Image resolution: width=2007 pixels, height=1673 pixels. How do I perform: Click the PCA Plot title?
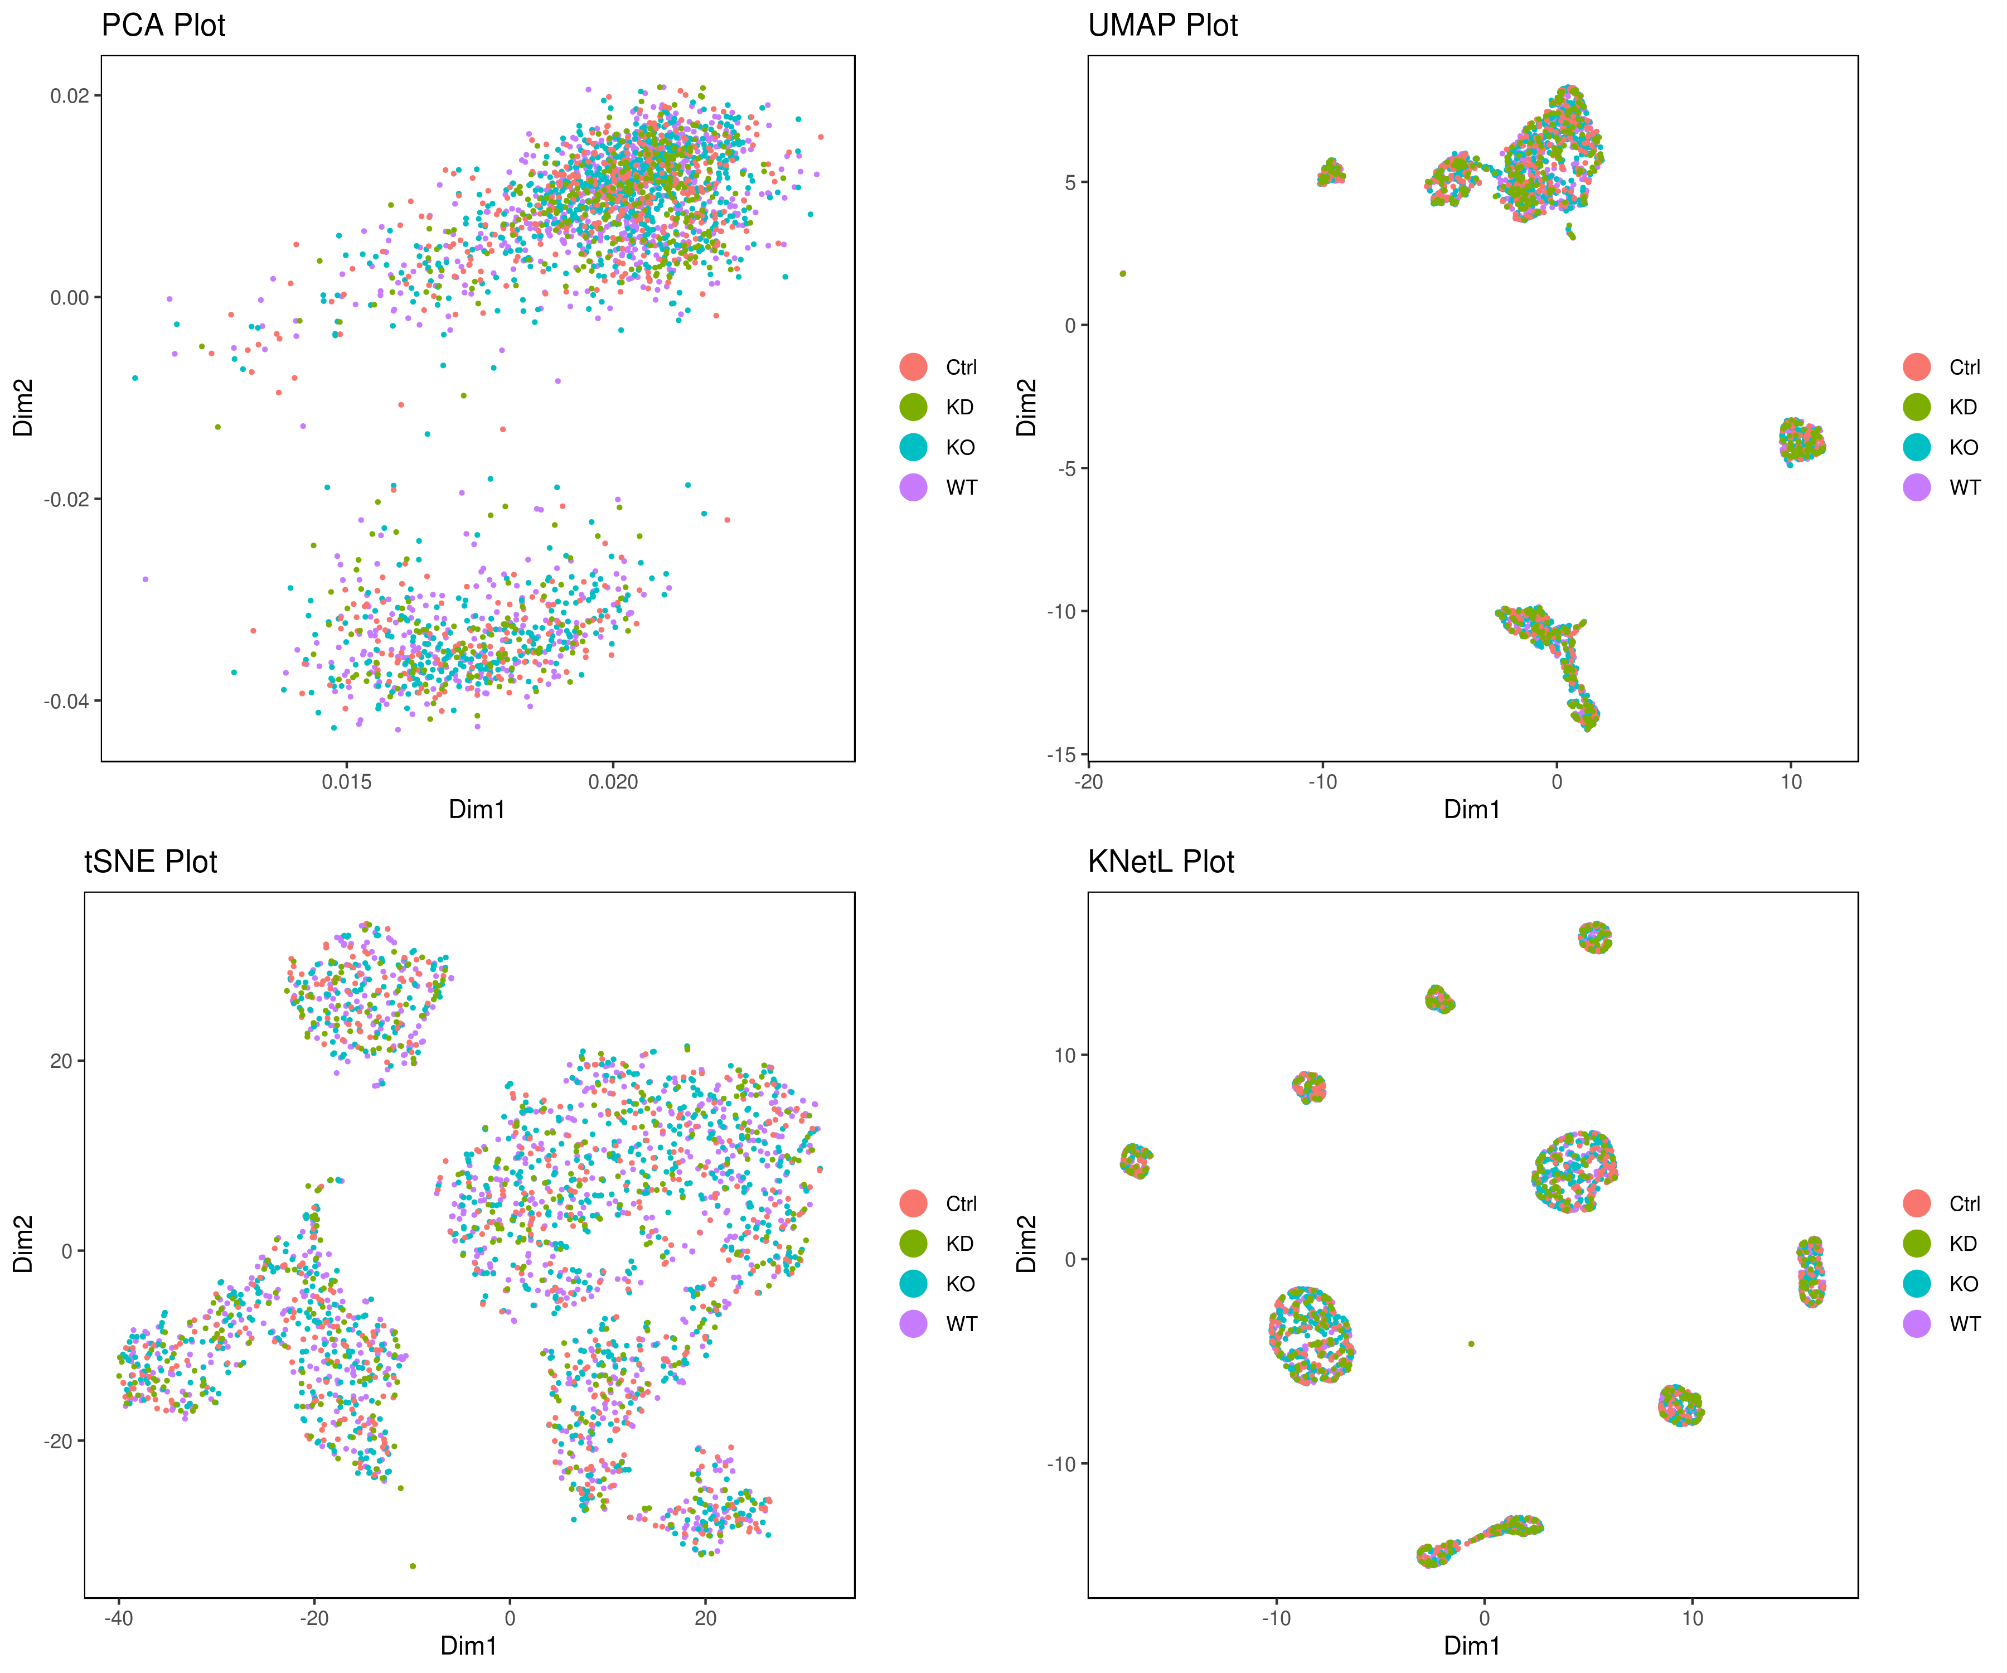(x=163, y=25)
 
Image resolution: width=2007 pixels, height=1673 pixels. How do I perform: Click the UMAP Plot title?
(x=1162, y=25)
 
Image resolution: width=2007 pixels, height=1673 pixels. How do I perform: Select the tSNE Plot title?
(x=151, y=862)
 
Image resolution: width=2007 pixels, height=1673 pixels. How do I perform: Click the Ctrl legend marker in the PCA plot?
(x=914, y=367)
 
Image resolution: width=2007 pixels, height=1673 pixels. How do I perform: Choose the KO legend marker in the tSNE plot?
(x=914, y=1284)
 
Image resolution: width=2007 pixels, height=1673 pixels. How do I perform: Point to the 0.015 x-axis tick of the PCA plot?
(x=347, y=782)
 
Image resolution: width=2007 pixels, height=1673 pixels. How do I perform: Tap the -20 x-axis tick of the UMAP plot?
(x=1089, y=782)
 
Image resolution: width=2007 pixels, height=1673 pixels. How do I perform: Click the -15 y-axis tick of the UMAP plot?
(x=1061, y=755)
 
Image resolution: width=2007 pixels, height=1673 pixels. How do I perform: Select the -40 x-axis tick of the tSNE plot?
(x=119, y=1618)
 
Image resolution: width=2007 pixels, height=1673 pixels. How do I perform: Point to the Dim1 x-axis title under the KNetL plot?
(x=1472, y=1645)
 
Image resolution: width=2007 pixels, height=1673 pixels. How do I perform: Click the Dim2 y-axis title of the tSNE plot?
(x=23, y=1244)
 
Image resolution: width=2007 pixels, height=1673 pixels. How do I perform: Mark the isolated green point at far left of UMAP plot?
(x=1123, y=273)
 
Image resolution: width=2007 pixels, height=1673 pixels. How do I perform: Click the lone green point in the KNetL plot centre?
(x=1471, y=1343)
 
